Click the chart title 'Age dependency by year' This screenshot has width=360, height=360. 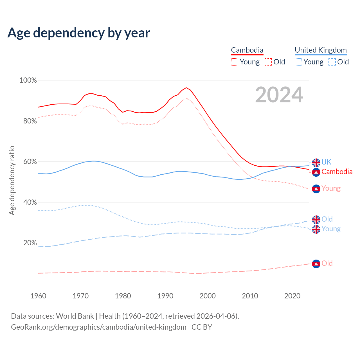click(x=79, y=33)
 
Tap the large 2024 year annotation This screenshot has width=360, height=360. click(x=279, y=95)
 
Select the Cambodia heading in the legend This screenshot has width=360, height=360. click(x=247, y=50)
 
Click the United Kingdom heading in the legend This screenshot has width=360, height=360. click(x=321, y=50)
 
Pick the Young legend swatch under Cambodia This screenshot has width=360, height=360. click(x=235, y=62)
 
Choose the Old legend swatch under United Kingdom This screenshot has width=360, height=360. click(x=332, y=62)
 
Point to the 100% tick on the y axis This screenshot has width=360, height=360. click(x=28, y=80)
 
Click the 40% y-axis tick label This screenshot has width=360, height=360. click(x=30, y=202)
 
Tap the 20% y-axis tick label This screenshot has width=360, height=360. click(x=30, y=243)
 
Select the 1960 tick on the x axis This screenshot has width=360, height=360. click(x=38, y=296)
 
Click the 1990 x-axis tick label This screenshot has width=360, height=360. click(x=165, y=296)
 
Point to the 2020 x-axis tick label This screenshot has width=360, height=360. click(x=292, y=296)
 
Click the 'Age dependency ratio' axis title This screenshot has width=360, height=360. click(x=12, y=180)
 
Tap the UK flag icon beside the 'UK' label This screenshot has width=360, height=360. click(x=316, y=163)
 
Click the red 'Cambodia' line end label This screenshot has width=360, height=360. click(x=337, y=172)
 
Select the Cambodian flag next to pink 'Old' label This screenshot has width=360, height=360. click(x=316, y=264)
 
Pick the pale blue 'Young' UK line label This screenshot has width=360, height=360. click(x=331, y=229)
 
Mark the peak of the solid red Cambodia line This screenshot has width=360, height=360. click(x=186, y=88)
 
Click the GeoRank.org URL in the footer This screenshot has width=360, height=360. click(x=99, y=327)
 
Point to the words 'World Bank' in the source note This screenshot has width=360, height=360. click(x=75, y=316)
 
